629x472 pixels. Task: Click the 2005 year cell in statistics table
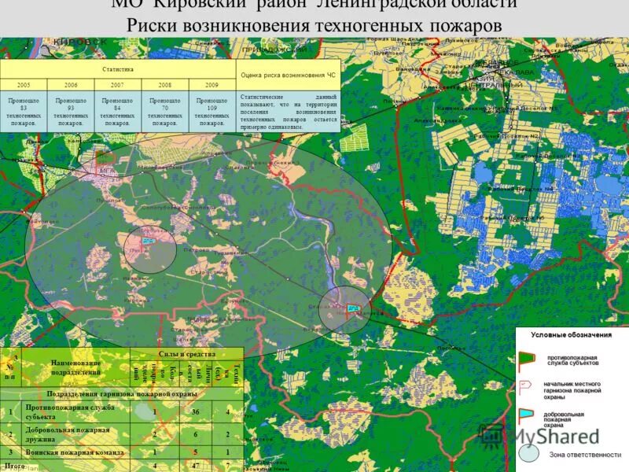24,84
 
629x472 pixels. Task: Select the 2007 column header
118,84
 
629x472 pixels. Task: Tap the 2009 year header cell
212,84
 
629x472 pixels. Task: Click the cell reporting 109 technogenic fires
212,112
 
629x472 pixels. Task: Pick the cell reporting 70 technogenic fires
165,112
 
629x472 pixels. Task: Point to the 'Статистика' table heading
118,69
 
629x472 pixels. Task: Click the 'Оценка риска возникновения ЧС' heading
289,76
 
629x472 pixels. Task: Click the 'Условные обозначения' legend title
571,335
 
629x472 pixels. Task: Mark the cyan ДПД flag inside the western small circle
147,241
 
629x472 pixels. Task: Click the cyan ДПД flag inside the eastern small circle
353,308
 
